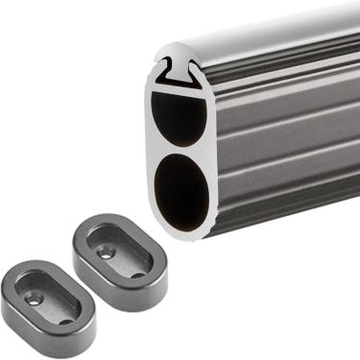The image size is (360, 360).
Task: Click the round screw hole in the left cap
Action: point(36,299)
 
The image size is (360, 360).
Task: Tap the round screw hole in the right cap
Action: point(107,252)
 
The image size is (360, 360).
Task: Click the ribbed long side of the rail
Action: point(288,144)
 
